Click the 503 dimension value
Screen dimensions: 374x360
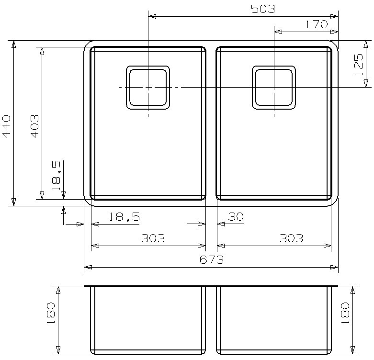tap(263, 9)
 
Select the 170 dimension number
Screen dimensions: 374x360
tap(317, 24)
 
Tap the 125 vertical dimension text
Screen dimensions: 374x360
tap(358, 64)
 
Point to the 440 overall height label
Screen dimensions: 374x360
tap(6, 126)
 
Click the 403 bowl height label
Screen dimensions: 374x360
tap(34, 126)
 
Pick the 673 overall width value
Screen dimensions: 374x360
tap(212, 259)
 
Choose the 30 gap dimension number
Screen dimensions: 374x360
tap(236, 217)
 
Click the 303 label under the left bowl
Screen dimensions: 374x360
tap(153, 238)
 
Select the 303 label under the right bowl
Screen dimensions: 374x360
tap(291, 238)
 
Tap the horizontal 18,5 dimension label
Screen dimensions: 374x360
tap(125, 217)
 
